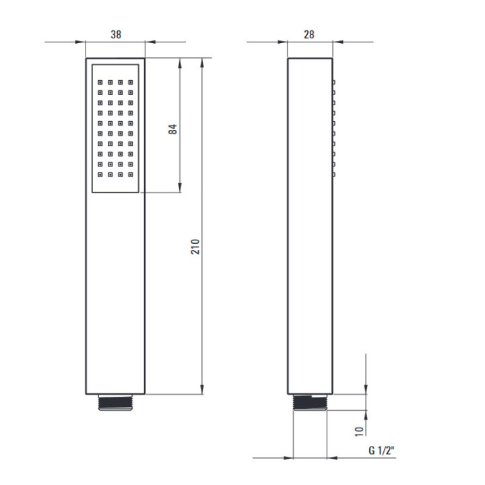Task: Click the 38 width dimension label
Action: click(116, 34)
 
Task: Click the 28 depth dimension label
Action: click(309, 34)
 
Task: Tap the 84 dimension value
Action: click(172, 129)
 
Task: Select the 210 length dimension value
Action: click(195, 247)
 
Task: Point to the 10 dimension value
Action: click(359, 431)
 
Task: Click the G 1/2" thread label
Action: click(382, 450)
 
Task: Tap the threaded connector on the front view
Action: click(115, 402)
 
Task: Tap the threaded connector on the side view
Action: click(310, 402)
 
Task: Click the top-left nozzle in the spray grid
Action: click(100, 82)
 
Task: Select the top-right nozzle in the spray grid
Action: click(131, 82)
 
